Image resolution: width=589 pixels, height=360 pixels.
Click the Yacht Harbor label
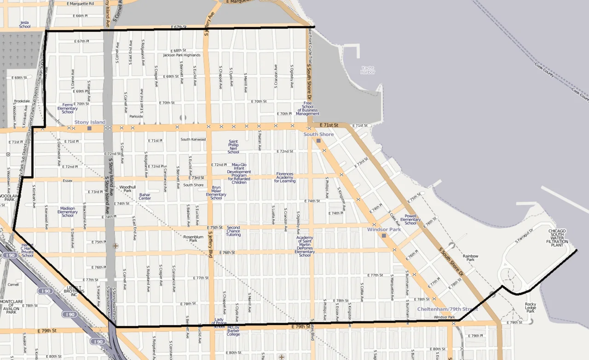[x=368, y=70]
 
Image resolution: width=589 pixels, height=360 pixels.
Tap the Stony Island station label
[x=90, y=122]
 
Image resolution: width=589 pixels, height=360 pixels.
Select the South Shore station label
[x=318, y=134]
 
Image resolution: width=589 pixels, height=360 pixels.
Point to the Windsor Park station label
[x=384, y=229]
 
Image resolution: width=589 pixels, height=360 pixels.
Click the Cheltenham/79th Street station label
[x=447, y=309]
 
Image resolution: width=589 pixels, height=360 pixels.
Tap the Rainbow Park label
[x=470, y=258]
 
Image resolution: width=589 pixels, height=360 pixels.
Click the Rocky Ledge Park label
[x=531, y=308]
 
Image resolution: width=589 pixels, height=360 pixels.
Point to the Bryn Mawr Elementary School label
[x=216, y=193]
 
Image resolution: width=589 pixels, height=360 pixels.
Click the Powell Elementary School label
[x=410, y=219]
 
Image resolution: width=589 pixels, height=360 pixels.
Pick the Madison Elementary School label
[x=68, y=212]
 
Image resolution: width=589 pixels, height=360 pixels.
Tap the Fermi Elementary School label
[x=68, y=108]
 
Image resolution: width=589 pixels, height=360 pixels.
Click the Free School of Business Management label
[x=308, y=109]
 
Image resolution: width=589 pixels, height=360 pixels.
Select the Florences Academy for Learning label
[x=285, y=177]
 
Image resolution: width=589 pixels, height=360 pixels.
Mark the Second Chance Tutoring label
[x=233, y=231]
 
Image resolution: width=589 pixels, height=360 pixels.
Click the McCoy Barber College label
[x=233, y=331]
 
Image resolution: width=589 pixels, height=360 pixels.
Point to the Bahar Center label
[x=145, y=197]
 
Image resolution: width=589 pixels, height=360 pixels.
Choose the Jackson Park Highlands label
[x=182, y=55]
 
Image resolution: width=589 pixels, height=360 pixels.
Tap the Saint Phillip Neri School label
[x=233, y=147]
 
